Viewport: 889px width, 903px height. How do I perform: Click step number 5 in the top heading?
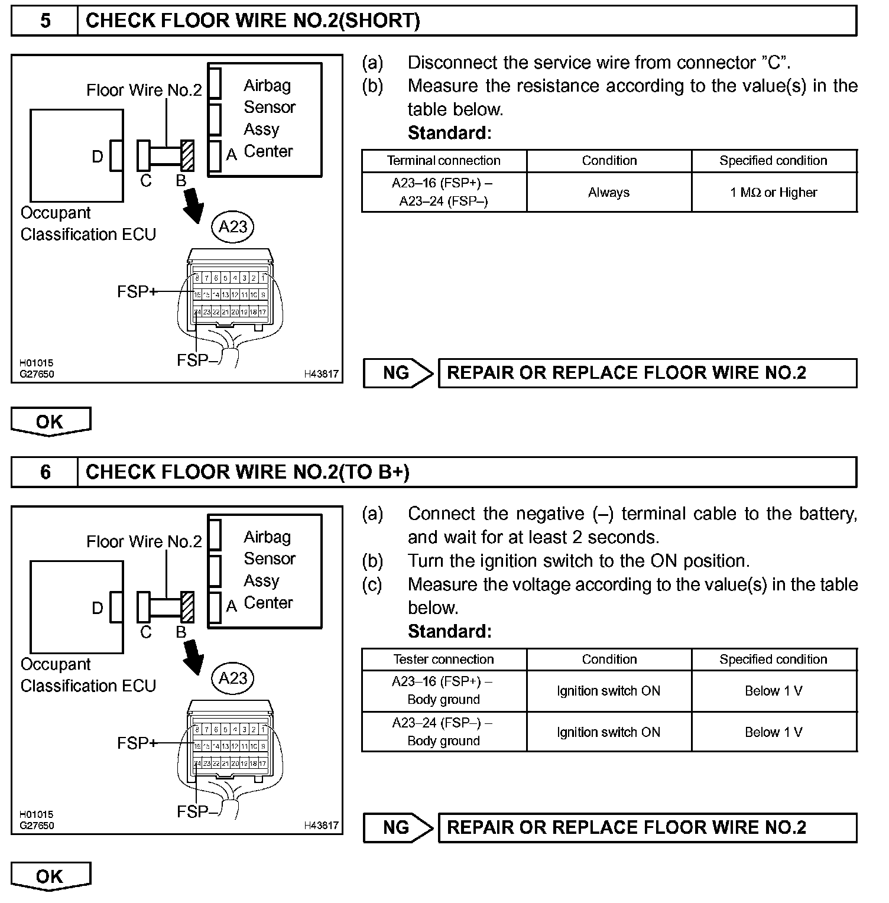[x=45, y=21]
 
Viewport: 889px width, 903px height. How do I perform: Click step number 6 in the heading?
[x=45, y=472]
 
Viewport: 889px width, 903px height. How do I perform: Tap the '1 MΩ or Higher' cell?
[x=774, y=193]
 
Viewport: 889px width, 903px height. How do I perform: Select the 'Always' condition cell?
[x=609, y=193]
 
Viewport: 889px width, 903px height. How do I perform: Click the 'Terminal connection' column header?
[x=443, y=161]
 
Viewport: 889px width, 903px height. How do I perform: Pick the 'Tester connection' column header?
[x=443, y=660]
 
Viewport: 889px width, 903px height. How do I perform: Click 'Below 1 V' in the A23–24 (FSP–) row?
[x=774, y=732]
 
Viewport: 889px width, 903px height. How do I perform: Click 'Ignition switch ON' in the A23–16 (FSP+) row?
[x=609, y=691]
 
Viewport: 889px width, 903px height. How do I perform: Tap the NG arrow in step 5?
[x=398, y=373]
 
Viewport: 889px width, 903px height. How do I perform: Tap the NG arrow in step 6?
[x=398, y=827]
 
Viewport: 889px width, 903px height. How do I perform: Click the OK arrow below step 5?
[x=50, y=422]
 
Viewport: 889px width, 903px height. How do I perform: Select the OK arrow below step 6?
[x=50, y=876]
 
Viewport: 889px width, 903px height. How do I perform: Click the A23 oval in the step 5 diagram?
[x=233, y=227]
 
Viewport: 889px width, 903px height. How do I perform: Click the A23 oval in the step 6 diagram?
[x=233, y=678]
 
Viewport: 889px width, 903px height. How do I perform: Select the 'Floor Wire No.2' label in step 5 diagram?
[x=144, y=90]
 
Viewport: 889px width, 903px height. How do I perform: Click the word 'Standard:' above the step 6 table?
[x=449, y=632]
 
